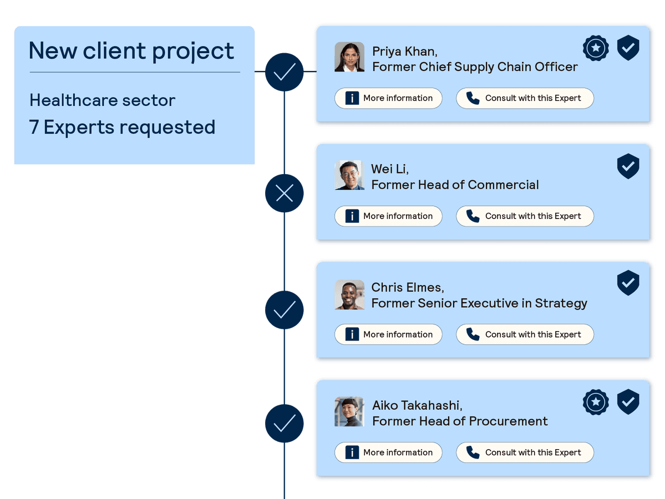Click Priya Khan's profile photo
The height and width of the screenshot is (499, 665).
(349, 57)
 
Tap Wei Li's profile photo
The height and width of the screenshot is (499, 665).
(349, 175)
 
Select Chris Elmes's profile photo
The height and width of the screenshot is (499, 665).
(349, 294)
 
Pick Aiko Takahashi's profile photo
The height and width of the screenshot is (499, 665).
(349, 412)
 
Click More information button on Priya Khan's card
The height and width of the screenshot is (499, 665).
(388, 98)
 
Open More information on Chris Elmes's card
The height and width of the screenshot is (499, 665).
(388, 334)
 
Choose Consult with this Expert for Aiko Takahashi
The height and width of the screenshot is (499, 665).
(525, 452)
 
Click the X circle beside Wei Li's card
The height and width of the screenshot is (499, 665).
(285, 193)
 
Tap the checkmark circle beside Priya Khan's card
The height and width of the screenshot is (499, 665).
(285, 72)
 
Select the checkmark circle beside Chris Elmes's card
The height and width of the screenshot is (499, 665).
(285, 310)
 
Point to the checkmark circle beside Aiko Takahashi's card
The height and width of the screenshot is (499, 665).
(285, 424)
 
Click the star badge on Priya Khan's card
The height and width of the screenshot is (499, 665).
(596, 48)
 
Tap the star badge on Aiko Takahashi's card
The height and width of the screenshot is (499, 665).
(596, 403)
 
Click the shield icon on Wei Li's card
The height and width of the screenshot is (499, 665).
(628, 166)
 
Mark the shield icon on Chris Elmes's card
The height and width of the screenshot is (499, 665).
(628, 283)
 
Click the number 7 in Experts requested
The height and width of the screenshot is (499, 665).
(34, 128)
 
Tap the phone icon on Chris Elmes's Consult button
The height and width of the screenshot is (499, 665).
(473, 334)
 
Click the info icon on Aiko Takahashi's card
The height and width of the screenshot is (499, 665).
(352, 452)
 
